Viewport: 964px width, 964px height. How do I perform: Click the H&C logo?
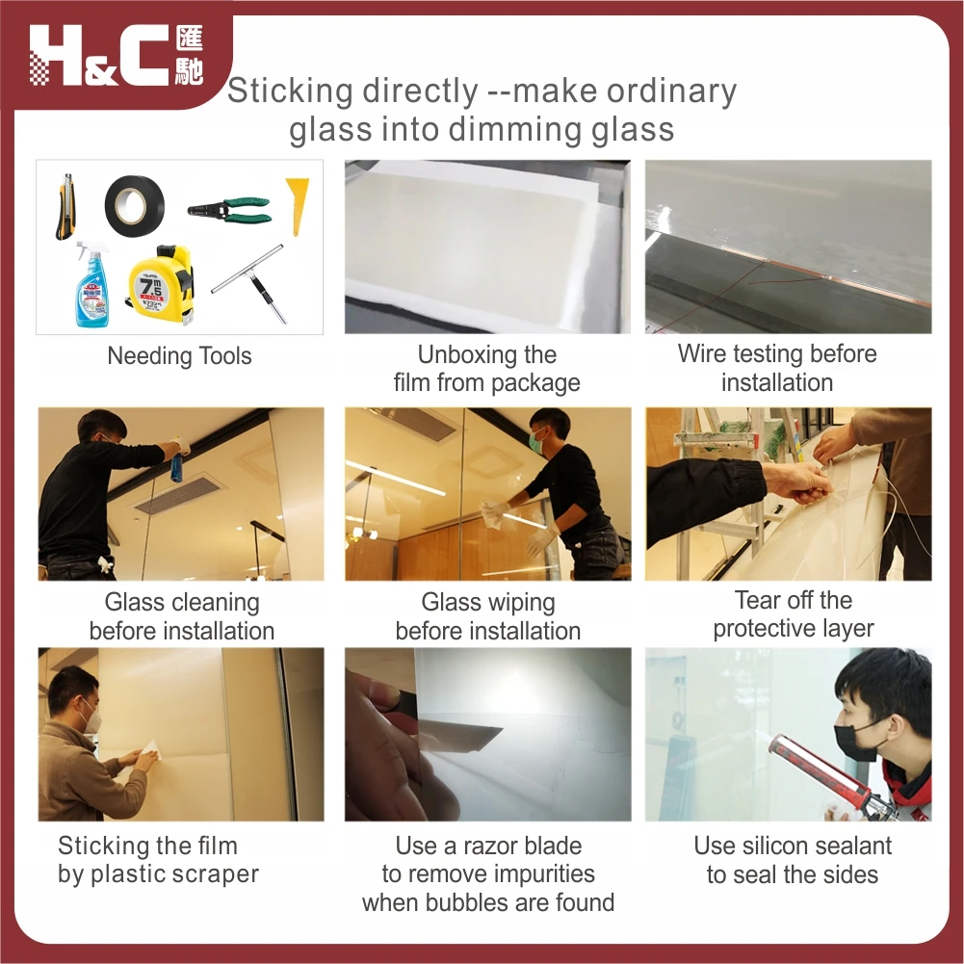click(116, 56)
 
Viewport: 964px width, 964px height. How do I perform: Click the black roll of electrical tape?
click(135, 204)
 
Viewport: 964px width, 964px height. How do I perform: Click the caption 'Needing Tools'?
click(179, 355)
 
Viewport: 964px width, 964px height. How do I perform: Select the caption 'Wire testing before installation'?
click(777, 368)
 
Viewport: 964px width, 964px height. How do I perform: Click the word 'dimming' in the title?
click(508, 129)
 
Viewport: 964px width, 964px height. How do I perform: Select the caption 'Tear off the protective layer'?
click(793, 614)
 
